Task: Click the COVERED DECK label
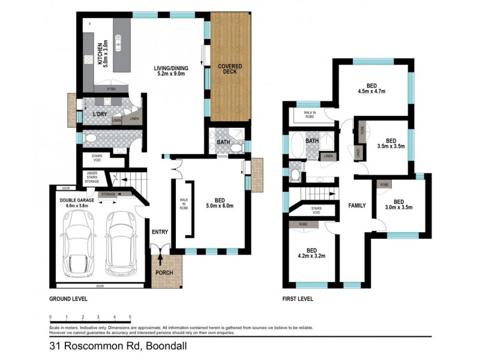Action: click(230, 69)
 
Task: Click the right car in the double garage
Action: click(119, 245)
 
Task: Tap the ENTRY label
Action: click(160, 232)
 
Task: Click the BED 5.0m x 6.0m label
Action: click(220, 206)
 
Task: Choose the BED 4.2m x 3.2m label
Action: click(311, 254)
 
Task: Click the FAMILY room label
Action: click(357, 206)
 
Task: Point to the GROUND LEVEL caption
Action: click(69, 298)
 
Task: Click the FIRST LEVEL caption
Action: click(298, 298)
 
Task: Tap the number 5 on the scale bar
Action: click(130, 316)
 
